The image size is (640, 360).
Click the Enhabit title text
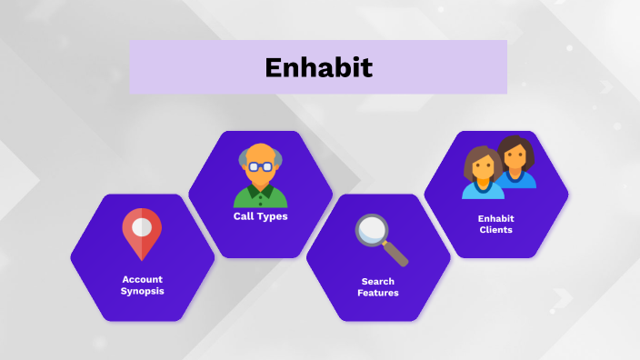[318, 67]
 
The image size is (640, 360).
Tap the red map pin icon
[142, 233]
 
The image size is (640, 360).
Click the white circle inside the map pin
[142, 225]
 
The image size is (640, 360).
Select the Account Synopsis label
[142, 285]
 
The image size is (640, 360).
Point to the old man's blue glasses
[260, 166]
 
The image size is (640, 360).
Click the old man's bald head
[260, 153]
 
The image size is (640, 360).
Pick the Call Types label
[260, 216]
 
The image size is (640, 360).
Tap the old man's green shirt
[260, 197]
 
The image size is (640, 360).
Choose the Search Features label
[377, 287]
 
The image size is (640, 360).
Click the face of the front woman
[482, 168]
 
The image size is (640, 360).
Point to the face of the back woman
[515, 158]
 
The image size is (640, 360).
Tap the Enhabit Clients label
[495, 224]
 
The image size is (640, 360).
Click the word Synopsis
[142, 291]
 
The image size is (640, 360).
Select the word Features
[377, 294]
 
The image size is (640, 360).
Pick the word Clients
[495, 230]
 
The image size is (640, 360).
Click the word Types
[273, 216]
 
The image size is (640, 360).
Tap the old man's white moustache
[260, 177]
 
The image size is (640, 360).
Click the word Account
[142, 278]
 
